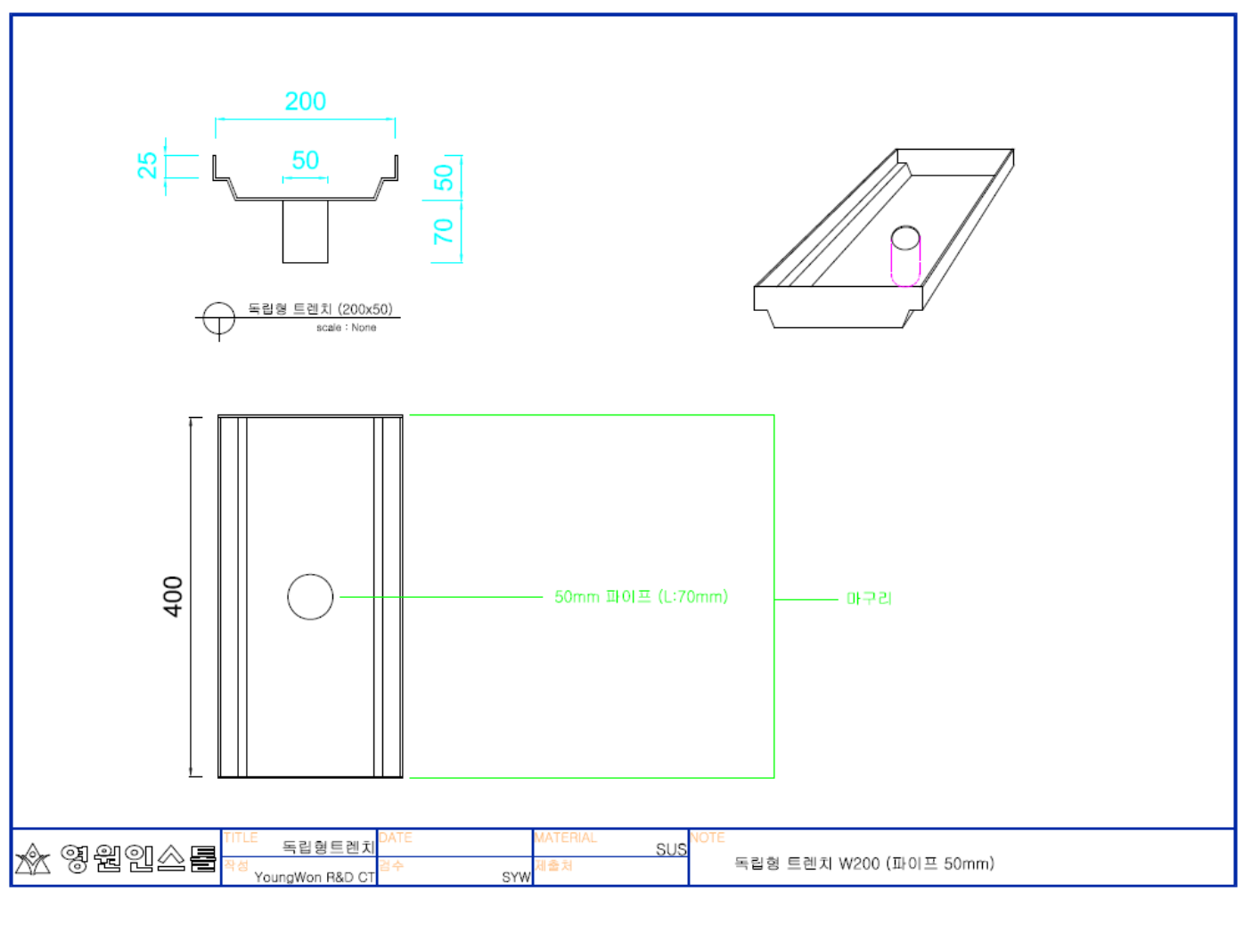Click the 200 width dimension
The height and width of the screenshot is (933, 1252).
pos(305,102)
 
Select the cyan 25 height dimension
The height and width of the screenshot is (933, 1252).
pos(148,165)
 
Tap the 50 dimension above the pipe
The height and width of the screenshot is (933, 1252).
pos(305,160)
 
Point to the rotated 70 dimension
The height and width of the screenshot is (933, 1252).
pos(443,232)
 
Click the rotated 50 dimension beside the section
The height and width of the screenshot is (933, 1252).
pos(443,177)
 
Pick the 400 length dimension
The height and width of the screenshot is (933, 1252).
pos(173,596)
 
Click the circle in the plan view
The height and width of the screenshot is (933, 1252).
pos(310,596)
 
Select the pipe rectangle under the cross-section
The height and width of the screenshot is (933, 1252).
pos(305,232)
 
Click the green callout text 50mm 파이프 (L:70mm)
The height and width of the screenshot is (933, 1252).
pos(641,596)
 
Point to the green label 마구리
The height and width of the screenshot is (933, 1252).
pos(869,598)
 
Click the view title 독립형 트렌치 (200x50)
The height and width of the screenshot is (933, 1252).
pos(320,309)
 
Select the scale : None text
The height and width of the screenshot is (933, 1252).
pos(346,328)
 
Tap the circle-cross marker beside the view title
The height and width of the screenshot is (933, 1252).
pos(218,318)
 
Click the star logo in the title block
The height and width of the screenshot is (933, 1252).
pos(33,859)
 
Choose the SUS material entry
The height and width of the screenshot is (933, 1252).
pos(671,849)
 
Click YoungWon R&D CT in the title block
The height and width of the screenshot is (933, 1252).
pos(315,877)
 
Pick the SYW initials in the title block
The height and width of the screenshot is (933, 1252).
pos(516,877)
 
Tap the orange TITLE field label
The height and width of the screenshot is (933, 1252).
pos(241,838)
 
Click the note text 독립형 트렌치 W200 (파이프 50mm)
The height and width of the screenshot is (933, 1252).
pos(863,863)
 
